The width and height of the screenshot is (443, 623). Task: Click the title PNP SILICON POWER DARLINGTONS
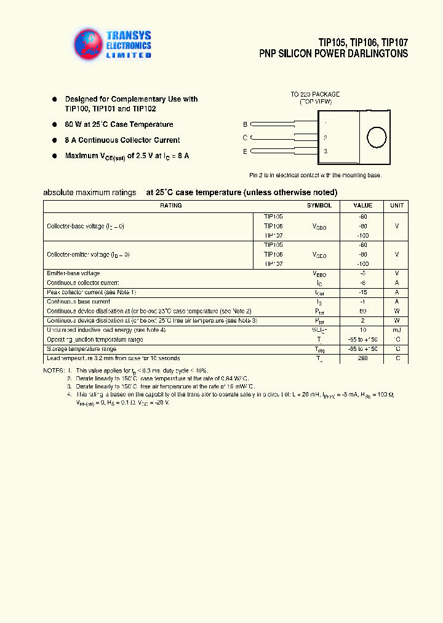pos(333,54)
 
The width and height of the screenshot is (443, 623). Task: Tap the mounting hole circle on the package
pos(375,137)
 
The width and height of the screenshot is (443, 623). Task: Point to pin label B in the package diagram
pos(245,124)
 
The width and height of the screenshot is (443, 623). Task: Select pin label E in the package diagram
pos(245,151)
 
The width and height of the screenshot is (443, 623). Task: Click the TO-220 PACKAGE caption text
pos(315,95)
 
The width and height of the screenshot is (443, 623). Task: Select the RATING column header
pos(170,206)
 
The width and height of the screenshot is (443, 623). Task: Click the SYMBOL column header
pos(319,206)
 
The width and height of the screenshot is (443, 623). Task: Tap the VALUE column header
pos(362,206)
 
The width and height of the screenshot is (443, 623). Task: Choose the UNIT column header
pos(397,206)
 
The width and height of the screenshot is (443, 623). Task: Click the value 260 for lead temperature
pos(362,358)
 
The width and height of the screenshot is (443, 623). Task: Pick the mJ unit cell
pos(397,330)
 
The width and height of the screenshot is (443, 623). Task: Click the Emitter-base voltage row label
pos(73,273)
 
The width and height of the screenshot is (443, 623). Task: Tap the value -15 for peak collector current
pos(362,292)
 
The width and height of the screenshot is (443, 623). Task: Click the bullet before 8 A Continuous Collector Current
pos(54,140)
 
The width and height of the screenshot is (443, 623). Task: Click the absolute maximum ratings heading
pos(90,192)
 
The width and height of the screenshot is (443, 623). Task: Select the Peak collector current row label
pos(91,292)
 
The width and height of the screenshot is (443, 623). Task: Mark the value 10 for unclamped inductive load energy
pos(362,330)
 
